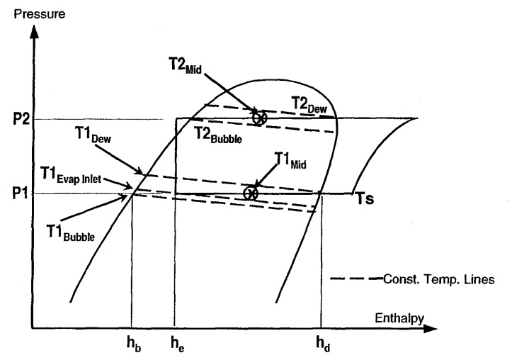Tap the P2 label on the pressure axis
coord(16,118)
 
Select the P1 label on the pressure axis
coord(16,193)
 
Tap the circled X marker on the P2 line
coord(260,118)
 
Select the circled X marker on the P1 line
coord(249,193)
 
